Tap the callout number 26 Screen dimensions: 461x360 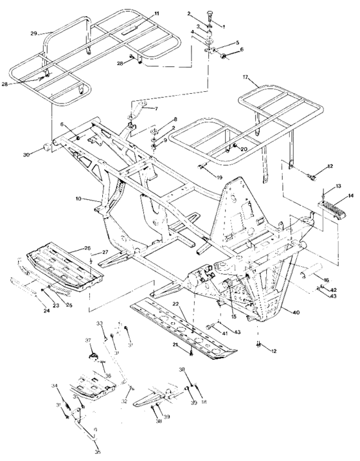click(x=87, y=248)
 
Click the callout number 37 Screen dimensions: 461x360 click(x=87, y=340)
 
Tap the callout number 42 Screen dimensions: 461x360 click(x=332, y=290)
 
